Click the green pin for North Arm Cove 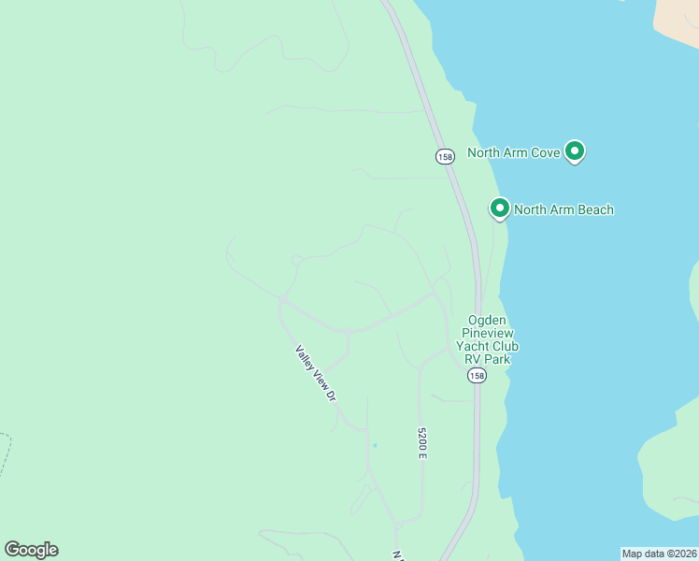click(576, 151)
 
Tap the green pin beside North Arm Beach click(500, 209)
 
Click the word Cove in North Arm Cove click(546, 152)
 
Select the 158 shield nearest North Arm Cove click(445, 156)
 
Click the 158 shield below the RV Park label click(477, 375)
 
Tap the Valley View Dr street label click(315, 373)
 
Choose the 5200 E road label click(421, 442)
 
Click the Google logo click(31, 550)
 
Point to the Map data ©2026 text click(659, 553)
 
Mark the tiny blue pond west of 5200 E click(375, 445)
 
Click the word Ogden click(487, 319)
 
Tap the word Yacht click(473, 347)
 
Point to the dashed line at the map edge click(7, 453)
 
